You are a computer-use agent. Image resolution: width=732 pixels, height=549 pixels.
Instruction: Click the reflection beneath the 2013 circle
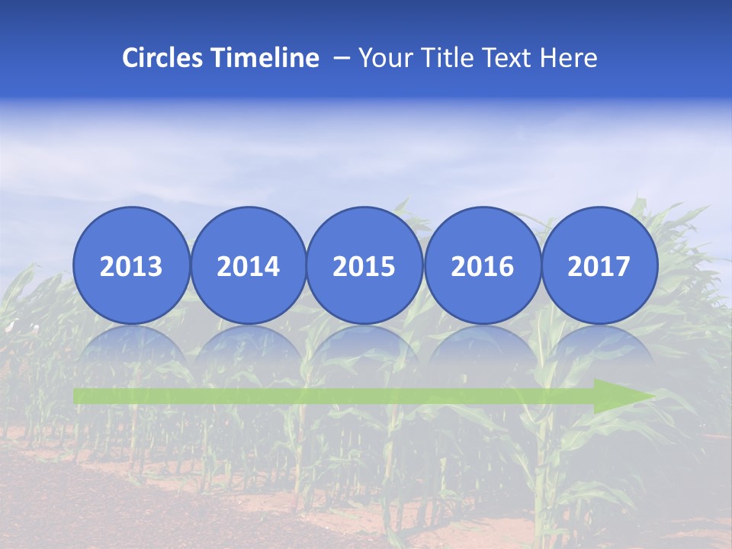pyautogui.click(x=131, y=347)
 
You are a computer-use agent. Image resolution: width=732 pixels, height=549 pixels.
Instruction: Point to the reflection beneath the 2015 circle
pyautogui.click(x=364, y=347)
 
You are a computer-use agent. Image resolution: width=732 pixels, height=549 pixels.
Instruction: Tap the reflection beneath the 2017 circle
pyautogui.click(x=599, y=347)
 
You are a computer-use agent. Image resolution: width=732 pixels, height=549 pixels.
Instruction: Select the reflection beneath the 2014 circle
pyautogui.click(x=248, y=347)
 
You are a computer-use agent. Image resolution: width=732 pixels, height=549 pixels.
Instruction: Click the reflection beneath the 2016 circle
pyautogui.click(x=482, y=347)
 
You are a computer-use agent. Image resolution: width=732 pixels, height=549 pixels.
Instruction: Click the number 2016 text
pyautogui.click(x=482, y=267)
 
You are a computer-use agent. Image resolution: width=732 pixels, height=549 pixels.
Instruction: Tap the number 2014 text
pyautogui.click(x=248, y=267)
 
